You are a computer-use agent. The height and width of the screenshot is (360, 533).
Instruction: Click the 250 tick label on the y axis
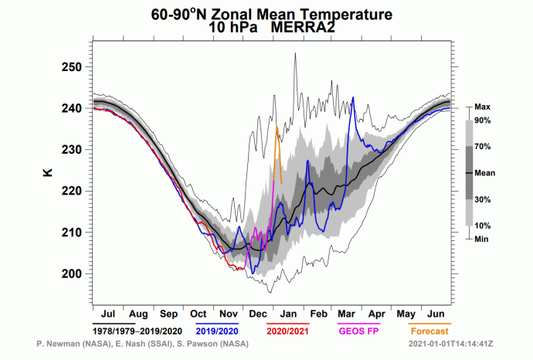[x=72, y=67]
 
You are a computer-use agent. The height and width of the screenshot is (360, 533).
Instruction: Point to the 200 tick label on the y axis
[x=72, y=273]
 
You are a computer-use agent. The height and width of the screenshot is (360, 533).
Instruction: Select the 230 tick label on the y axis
[x=72, y=150]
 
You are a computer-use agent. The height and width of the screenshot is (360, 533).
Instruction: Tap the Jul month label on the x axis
[x=108, y=314]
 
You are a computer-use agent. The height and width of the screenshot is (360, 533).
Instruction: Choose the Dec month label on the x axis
[x=259, y=314]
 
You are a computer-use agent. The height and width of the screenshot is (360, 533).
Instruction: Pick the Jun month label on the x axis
[x=435, y=314]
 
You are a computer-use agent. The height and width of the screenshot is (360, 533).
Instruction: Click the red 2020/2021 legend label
[x=287, y=331]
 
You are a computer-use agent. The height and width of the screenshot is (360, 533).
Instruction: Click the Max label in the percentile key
[x=484, y=107]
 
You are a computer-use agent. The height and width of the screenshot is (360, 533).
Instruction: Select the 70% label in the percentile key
[x=484, y=146]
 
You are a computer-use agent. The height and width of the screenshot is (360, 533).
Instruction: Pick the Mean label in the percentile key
[x=486, y=173]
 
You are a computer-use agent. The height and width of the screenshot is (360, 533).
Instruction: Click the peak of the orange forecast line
[x=277, y=126]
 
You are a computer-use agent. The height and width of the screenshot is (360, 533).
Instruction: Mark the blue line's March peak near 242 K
[x=353, y=98]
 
